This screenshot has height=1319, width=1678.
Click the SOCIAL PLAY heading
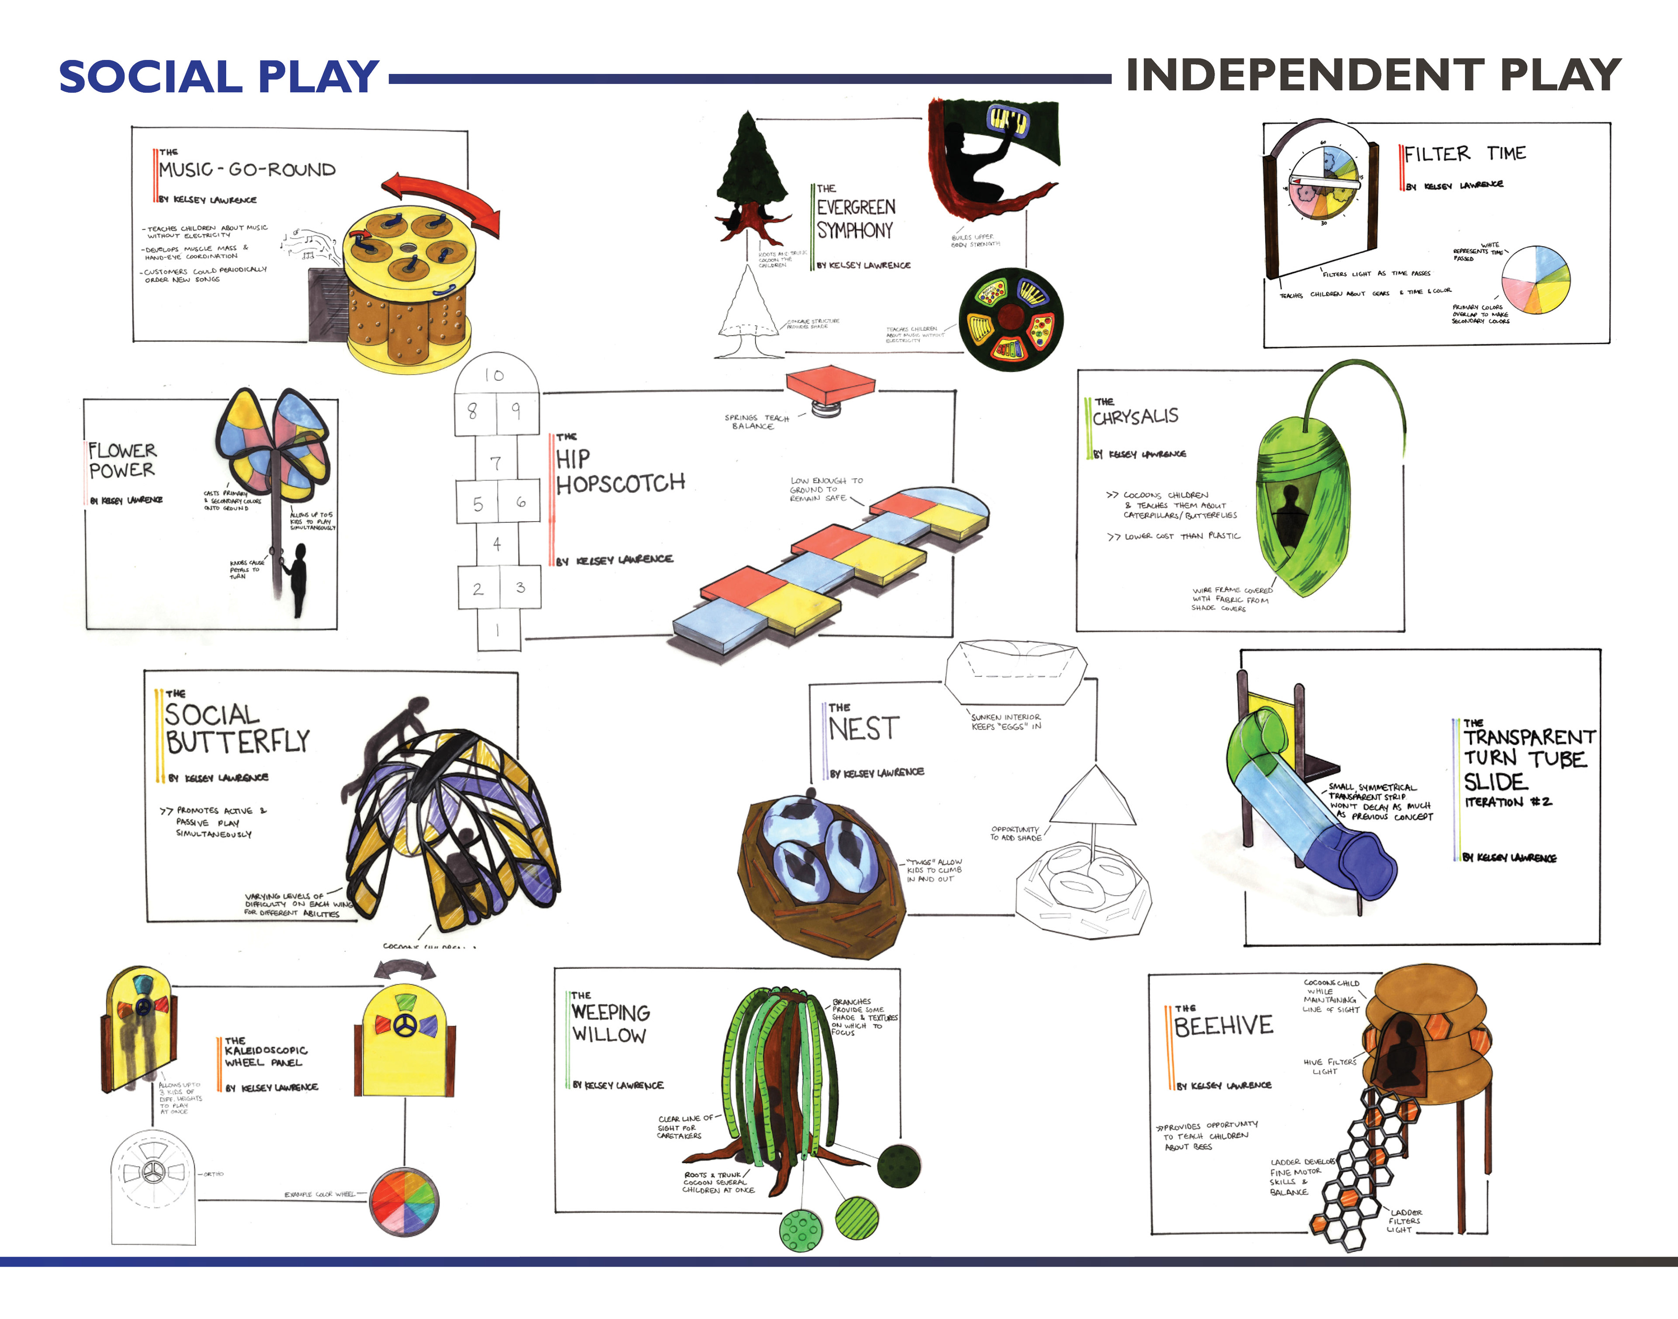pos(218,77)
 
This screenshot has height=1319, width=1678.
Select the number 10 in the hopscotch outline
pos(494,375)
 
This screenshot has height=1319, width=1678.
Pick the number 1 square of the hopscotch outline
pos(498,630)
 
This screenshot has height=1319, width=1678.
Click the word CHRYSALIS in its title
pos(1135,417)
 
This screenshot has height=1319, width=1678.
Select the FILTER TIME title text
pos(1464,154)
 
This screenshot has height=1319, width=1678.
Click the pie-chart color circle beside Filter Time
pos(1535,279)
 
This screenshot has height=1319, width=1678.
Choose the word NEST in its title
pos(864,729)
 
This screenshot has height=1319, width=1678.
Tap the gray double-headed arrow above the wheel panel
pos(405,969)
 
